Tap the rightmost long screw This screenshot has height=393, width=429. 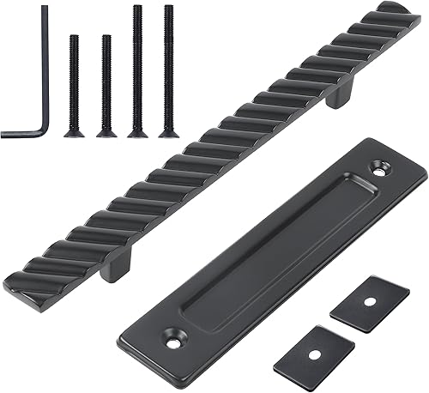(168, 69)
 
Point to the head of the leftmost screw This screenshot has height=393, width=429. (74, 132)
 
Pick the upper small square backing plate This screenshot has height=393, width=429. (368, 301)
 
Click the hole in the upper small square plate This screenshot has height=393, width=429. (369, 301)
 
